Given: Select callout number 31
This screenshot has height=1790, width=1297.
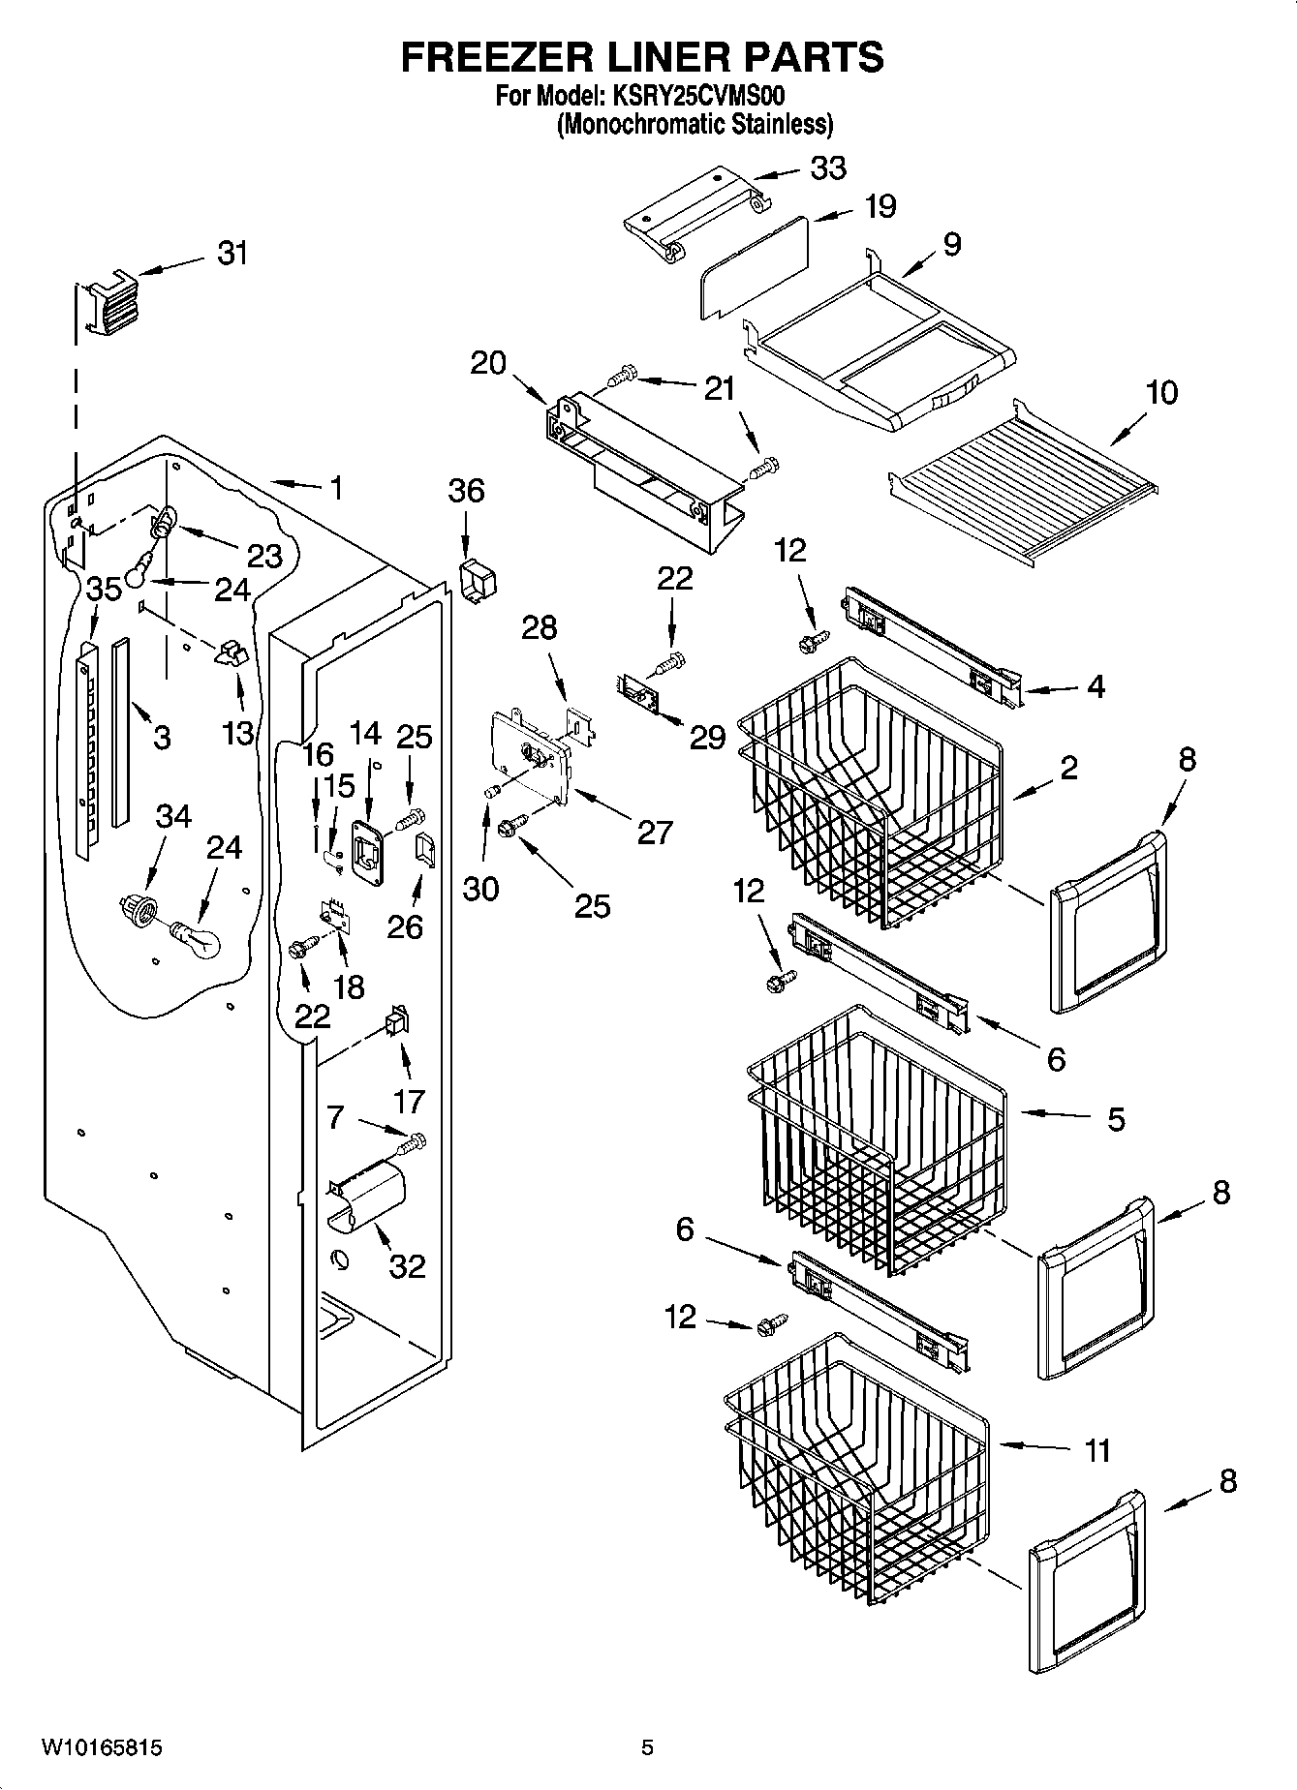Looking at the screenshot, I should click(x=232, y=254).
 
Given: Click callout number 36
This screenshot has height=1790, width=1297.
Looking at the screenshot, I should click(x=466, y=491).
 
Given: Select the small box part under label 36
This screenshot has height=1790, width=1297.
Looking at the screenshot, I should click(x=477, y=579).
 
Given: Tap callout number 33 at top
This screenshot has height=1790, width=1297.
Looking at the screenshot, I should click(x=828, y=168).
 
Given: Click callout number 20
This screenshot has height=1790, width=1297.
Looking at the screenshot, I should click(x=489, y=363).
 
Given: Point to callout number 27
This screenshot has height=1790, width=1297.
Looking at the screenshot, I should click(x=655, y=831).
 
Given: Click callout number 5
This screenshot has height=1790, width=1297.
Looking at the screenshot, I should click(x=1115, y=1120).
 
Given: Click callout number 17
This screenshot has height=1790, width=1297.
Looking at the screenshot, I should click(x=409, y=1101).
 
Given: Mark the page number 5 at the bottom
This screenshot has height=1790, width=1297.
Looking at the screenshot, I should click(x=647, y=1747).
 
